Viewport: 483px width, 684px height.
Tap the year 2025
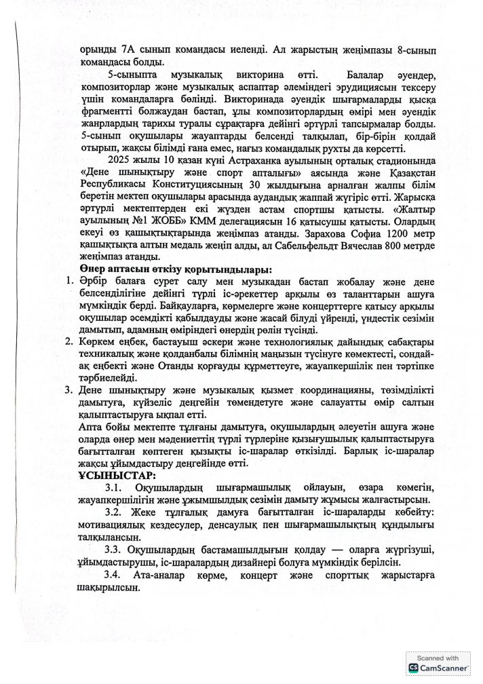[119, 160]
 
